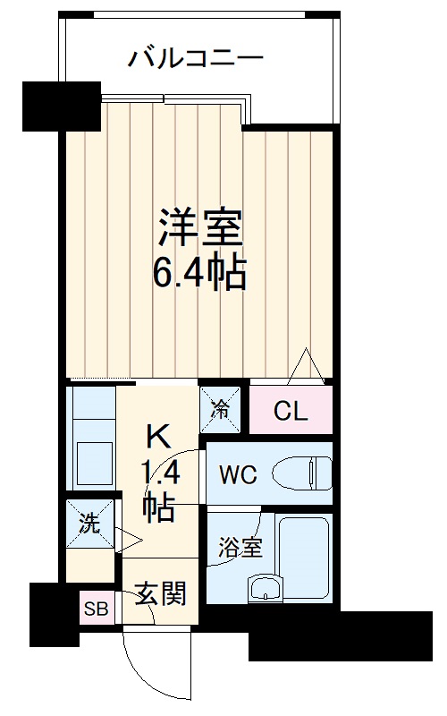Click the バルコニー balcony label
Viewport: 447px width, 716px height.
pos(196,59)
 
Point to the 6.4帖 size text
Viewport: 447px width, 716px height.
pos(199,273)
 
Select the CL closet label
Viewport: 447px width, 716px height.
pos(291,412)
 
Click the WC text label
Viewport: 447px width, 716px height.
pos(239,474)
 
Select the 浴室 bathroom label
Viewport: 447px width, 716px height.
pos(240,547)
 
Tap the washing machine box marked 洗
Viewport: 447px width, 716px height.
pos(89,524)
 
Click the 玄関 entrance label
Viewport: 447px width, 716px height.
pos(161,592)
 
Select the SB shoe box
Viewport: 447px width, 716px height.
pos(93,610)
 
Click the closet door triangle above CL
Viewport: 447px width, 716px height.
pos(306,368)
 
